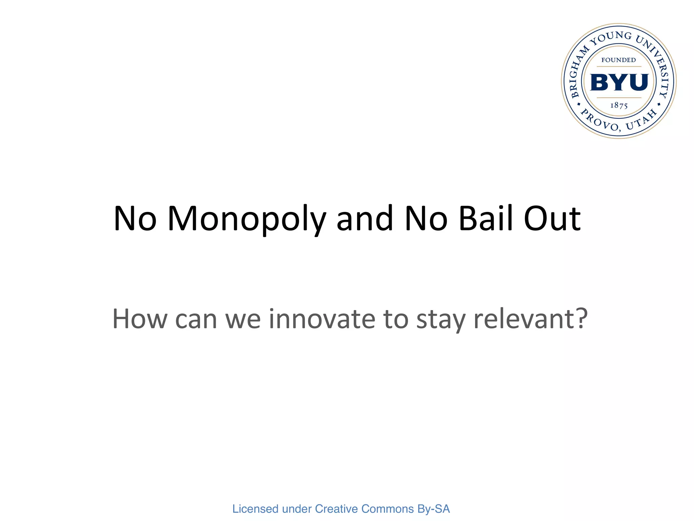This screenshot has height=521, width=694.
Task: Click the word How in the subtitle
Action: click(x=140, y=319)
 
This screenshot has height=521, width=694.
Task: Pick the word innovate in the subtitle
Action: click(x=322, y=319)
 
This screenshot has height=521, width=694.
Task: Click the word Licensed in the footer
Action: click(x=255, y=509)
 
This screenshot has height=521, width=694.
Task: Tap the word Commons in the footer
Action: click(x=388, y=509)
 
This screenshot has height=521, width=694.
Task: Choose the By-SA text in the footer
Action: click(x=434, y=509)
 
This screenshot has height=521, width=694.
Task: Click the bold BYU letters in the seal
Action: click(x=619, y=82)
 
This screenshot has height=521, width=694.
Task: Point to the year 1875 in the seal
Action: click(x=619, y=105)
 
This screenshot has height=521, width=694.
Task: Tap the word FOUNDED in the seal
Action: click(x=619, y=60)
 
